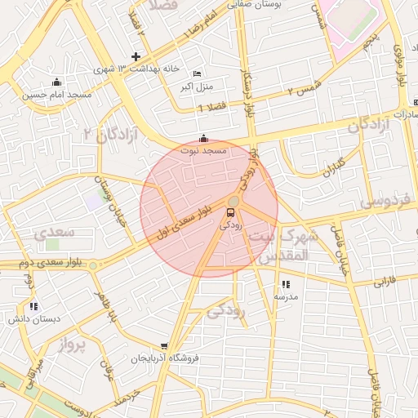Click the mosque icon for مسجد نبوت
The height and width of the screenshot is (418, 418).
tap(203, 139)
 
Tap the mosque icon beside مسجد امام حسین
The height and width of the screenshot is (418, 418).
tap(56, 82)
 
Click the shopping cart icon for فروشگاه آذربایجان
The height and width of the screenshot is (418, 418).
tap(164, 346)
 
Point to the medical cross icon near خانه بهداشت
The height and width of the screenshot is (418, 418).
tap(136, 56)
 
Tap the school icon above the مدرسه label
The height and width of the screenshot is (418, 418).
tap(286, 284)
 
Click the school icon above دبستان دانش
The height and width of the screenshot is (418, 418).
tap(33, 306)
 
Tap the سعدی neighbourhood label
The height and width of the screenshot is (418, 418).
tap(55, 232)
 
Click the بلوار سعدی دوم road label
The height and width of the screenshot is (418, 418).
tap(41, 264)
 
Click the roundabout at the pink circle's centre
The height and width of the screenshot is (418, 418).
tap(233, 201)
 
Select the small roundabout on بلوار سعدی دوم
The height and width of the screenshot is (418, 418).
tap(93, 265)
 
